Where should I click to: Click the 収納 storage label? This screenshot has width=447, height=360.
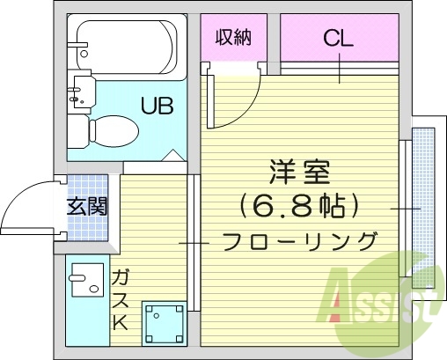tap(234, 38)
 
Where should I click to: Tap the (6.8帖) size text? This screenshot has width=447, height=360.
tap(298, 207)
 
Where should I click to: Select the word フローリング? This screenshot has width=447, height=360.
tap(299, 240)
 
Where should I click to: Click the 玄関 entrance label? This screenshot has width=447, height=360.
tap(87, 209)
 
